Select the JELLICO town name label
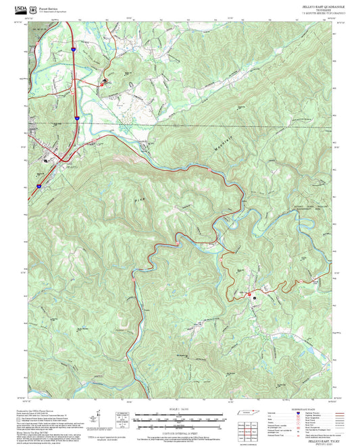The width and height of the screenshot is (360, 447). [72, 165]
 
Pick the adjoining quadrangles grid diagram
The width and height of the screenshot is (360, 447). [251, 429]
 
